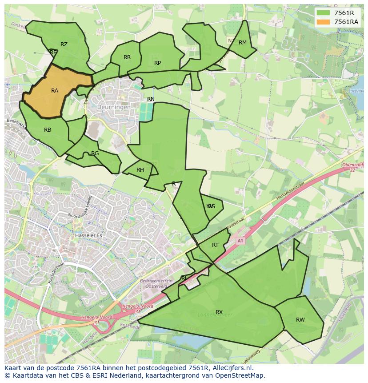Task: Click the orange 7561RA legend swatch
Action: pos(323,22)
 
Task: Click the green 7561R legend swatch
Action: pos(323,12)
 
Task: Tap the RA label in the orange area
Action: pos(55,91)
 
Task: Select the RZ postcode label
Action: pos(64,44)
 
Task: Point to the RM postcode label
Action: pos(242,43)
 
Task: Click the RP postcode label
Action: pos(157,63)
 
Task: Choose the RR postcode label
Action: pos(127,57)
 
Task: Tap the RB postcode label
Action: pos(48,130)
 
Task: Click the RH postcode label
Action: pos(140,170)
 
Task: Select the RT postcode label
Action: pos(215,245)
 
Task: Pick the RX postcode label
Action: pos(219,312)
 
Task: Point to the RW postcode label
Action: pos(300,320)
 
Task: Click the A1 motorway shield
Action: pos(240,241)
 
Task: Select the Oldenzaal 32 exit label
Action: pos(353,167)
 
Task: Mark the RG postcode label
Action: pos(95,153)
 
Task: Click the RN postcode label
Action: pos(151,99)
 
